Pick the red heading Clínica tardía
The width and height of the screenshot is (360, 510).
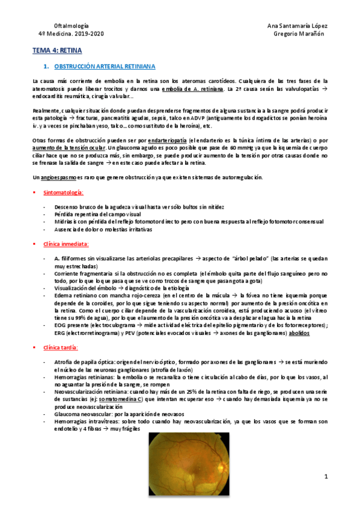(61, 349)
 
